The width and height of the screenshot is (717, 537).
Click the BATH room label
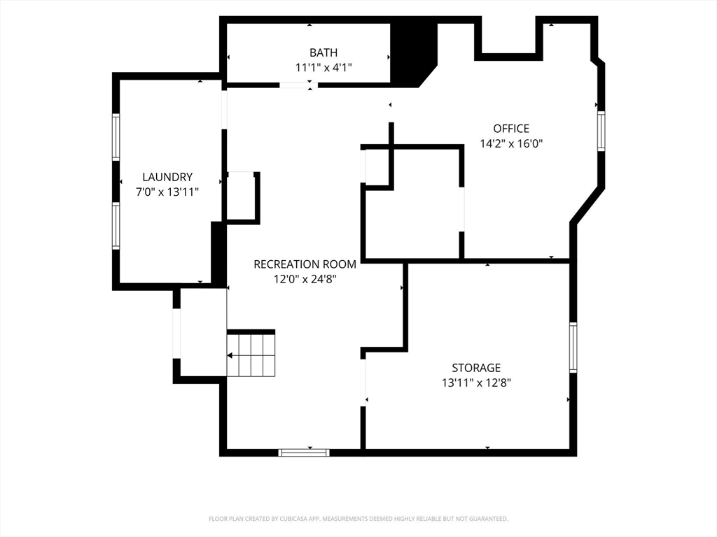tap(323, 52)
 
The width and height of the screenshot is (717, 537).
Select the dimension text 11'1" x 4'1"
tap(323, 68)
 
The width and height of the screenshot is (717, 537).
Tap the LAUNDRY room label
tap(167, 177)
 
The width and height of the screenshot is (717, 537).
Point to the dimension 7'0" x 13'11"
tap(167, 192)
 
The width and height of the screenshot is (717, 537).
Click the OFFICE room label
tap(511, 129)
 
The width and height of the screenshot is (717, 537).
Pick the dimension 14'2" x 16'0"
tap(511, 144)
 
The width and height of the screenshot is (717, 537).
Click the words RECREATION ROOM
tap(305, 264)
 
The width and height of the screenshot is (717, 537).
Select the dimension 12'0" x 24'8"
tap(305, 279)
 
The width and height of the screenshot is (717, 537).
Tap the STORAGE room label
tap(476, 368)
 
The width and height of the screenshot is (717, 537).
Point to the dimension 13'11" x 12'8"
tap(476, 382)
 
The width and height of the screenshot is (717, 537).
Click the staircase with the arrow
tap(251, 355)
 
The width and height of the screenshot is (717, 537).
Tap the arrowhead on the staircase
tap(230, 355)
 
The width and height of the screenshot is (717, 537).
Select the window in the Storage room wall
tap(573, 347)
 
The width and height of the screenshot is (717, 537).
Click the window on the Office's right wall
tap(601, 131)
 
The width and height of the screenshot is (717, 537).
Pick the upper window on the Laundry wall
tap(116, 137)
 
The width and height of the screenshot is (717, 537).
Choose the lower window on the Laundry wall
tap(116, 226)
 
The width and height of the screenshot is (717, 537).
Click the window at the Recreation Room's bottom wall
tap(304, 452)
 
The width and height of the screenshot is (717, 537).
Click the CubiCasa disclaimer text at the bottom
tap(358, 519)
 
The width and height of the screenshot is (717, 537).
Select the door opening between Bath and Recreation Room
tap(298, 85)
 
